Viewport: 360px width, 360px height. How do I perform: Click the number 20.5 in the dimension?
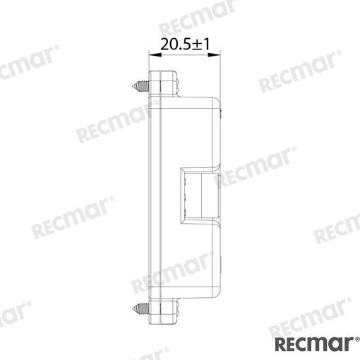[175, 44]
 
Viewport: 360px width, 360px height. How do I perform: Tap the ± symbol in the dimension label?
[197, 44]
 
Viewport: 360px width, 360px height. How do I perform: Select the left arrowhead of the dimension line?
[155, 55]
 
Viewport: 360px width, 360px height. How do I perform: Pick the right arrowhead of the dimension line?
[214, 55]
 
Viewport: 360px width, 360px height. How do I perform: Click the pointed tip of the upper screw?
[132, 86]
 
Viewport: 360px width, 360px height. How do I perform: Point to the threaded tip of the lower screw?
[132, 308]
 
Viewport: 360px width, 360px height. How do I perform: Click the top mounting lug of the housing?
[163, 83]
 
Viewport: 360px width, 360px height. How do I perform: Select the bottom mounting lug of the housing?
[163, 311]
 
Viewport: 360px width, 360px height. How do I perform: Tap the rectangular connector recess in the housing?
[200, 196]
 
